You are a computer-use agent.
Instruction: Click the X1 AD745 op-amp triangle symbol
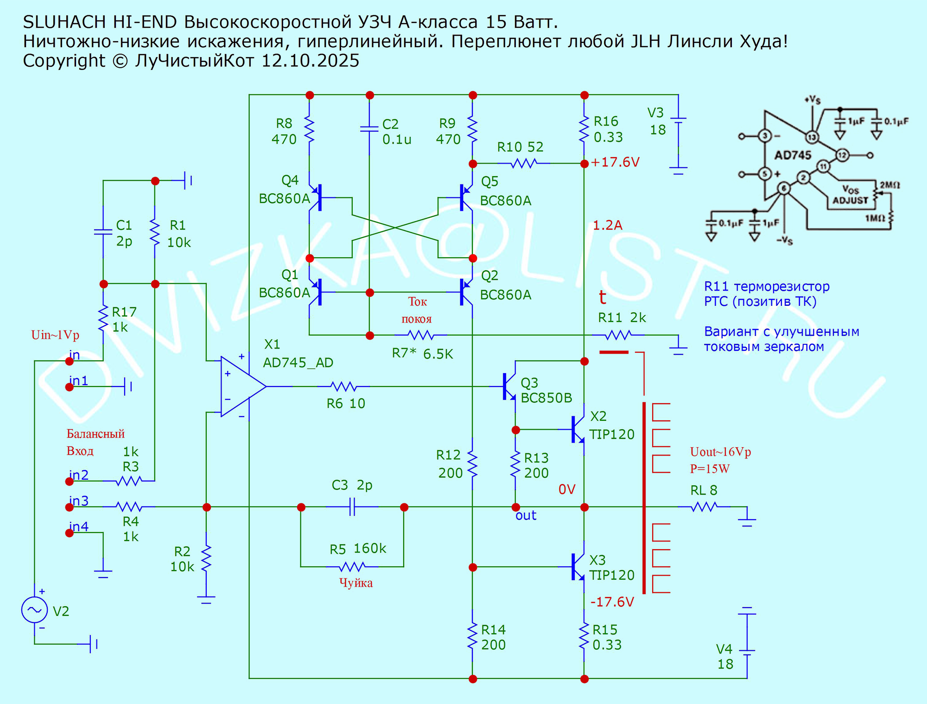pyautogui.click(x=241, y=387)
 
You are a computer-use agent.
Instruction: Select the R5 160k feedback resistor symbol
pyautogui.click(x=352, y=566)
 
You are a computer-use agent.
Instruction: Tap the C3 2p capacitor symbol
pyautogui.click(x=352, y=507)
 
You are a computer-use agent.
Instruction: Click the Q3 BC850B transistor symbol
pyautogui.click(x=509, y=387)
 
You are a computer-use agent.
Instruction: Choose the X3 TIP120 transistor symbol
pyautogui.click(x=578, y=567)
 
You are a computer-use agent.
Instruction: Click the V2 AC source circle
pyautogui.click(x=34, y=610)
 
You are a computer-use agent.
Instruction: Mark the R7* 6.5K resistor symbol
pyautogui.click(x=420, y=335)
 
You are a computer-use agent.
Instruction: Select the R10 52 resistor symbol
pyautogui.click(x=523, y=163)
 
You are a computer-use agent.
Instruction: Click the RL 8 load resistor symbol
pyautogui.click(x=704, y=507)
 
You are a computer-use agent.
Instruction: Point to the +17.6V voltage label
pyautogui.click(x=615, y=162)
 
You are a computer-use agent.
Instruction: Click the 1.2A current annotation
pyautogui.click(x=607, y=225)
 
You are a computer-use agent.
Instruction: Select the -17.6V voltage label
pyautogui.click(x=612, y=602)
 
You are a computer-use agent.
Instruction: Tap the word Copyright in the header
pyautogui.click(x=64, y=61)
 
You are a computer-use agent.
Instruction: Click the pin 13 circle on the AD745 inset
pyautogui.click(x=812, y=137)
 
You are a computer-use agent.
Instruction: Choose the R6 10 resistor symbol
pyautogui.click(x=343, y=387)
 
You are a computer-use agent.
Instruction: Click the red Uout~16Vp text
pyautogui.click(x=720, y=452)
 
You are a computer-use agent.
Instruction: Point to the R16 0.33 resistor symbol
pyautogui.click(x=584, y=129)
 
